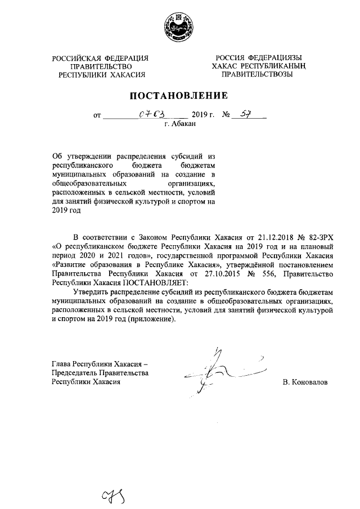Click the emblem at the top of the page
click(x=180, y=26)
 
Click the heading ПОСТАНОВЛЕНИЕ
click(x=179, y=95)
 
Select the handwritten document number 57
click(x=245, y=115)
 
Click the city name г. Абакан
click(x=180, y=126)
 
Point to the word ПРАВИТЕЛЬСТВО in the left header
click(x=101, y=66)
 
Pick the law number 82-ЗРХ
click(x=319, y=237)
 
